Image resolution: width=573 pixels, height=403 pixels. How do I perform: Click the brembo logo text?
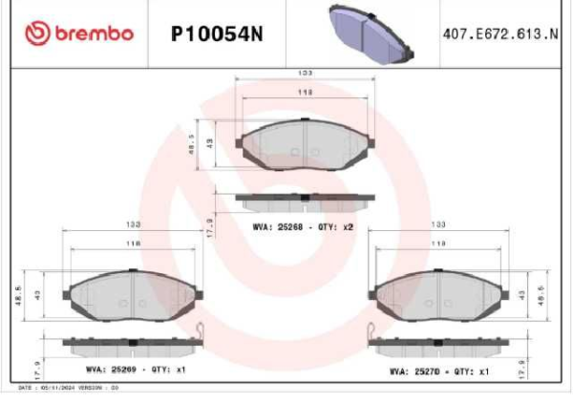tap(93, 33)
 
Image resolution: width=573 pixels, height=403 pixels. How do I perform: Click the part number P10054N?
tap(216, 34)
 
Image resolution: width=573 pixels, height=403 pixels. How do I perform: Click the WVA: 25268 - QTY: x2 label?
tap(304, 226)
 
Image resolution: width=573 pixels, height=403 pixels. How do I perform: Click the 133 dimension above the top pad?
tap(305, 74)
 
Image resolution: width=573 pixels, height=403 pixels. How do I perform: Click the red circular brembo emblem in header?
tap(37, 33)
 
